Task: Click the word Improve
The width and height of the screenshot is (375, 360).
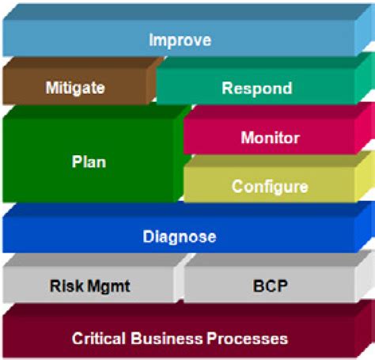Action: click(x=180, y=40)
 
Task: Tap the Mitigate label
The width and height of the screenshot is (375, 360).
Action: click(x=75, y=88)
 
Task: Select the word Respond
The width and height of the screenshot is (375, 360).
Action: click(x=257, y=89)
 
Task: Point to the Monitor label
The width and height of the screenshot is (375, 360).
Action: click(x=271, y=138)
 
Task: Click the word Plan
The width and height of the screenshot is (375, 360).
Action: click(x=89, y=161)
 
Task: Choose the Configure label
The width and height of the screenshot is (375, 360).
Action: click(x=270, y=187)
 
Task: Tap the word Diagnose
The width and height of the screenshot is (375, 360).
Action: click(x=180, y=237)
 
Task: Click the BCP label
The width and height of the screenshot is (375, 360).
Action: click(x=271, y=286)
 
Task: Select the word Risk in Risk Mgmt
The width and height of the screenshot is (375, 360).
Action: click(x=66, y=286)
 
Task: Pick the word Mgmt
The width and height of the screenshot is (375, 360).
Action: click(x=109, y=286)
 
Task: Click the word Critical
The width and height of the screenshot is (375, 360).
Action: click(x=99, y=339)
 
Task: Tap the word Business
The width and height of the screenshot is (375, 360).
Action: click(x=167, y=339)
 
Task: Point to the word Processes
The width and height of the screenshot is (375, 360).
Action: click(x=248, y=339)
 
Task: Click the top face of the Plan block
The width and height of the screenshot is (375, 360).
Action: click(x=97, y=112)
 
